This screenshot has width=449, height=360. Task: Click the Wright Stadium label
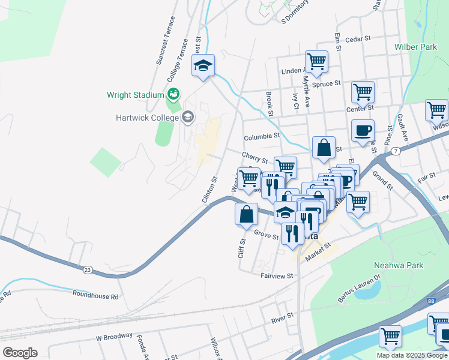pyautogui.click(x=135, y=95)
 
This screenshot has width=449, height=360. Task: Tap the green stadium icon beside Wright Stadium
pyautogui.click(x=173, y=94)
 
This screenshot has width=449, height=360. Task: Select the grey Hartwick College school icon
pyautogui.click(x=188, y=117)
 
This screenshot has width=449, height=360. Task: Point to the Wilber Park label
pyautogui.click(x=415, y=47)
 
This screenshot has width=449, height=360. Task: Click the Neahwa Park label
pyautogui.click(x=398, y=265)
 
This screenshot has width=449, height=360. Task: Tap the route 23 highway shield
pyautogui.click(x=88, y=271)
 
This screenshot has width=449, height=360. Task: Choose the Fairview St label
pyautogui.click(x=277, y=275)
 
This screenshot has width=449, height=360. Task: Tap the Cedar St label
pyautogui.click(x=360, y=39)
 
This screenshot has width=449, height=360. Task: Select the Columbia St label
pyautogui.click(x=261, y=136)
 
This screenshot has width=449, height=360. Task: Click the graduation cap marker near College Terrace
pyautogui.click(x=203, y=65)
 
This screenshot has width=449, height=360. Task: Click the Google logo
pyautogui.click(x=20, y=352)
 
